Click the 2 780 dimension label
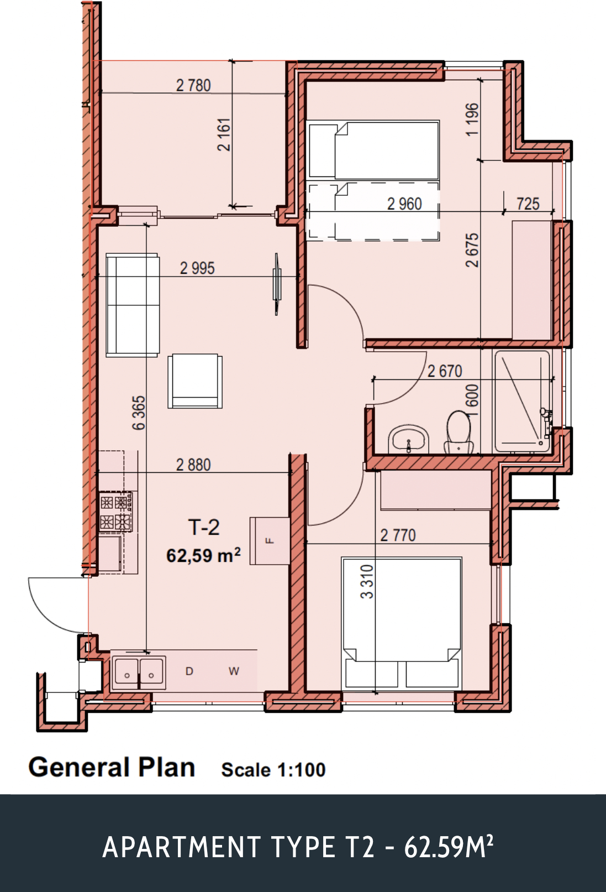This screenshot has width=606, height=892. point(193,85)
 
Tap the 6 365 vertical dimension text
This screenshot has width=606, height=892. point(139,413)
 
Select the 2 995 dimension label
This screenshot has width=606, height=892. point(197,268)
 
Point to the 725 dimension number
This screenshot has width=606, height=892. point(528,204)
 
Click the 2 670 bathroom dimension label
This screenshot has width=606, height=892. point(445,371)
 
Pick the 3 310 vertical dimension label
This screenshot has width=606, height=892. point(367,581)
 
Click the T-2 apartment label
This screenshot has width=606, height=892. point(204,527)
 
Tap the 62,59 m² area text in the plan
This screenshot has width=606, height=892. point(203,555)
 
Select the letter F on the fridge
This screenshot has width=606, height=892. point(270,540)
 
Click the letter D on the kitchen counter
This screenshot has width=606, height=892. point(189,671)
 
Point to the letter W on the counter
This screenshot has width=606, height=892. point(234,671)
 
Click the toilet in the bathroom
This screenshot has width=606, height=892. point(459,433)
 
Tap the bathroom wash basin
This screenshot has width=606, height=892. point(408,439)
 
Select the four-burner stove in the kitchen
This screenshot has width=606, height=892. point(115,512)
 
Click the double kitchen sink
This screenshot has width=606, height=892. point(139,672)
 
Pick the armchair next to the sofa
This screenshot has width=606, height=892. point(195,381)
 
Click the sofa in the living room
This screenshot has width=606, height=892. point(133,305)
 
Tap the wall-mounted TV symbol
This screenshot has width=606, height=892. point(277,284)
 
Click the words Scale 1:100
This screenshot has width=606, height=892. point(273,770)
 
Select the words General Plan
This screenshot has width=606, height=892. point(112,768)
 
